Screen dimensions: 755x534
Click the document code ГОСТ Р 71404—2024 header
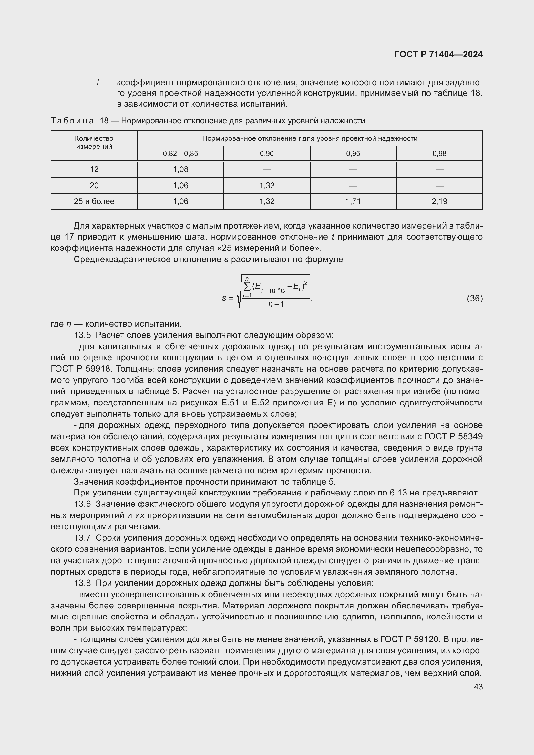(x=438, y=54)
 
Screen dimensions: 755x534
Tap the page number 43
(x=478, y=686)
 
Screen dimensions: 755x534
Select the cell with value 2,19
(x=439, y=201)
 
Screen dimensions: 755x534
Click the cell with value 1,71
(x=353, y=201)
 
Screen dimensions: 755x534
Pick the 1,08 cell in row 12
(x=180, y=169)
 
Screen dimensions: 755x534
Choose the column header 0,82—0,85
(x=180, y=154)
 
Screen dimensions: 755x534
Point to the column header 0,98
(x=439, y=154)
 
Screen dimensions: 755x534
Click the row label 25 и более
(x=94, y=201)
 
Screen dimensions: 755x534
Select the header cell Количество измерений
(x=94, y=142)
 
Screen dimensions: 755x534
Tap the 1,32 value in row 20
(x=267, y=186)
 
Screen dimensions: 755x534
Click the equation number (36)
(x=475, y=298)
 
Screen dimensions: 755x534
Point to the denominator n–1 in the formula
(x=276, y=304)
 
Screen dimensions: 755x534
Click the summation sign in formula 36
(x=247, y=287)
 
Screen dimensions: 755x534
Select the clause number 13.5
(x=82, y=335)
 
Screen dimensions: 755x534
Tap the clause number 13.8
(x=82, y=583)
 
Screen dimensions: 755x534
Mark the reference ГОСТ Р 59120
(x=410, y=639)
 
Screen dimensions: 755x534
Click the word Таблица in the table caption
(x=72, y=121)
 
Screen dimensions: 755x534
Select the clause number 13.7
(x=82, y=538)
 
